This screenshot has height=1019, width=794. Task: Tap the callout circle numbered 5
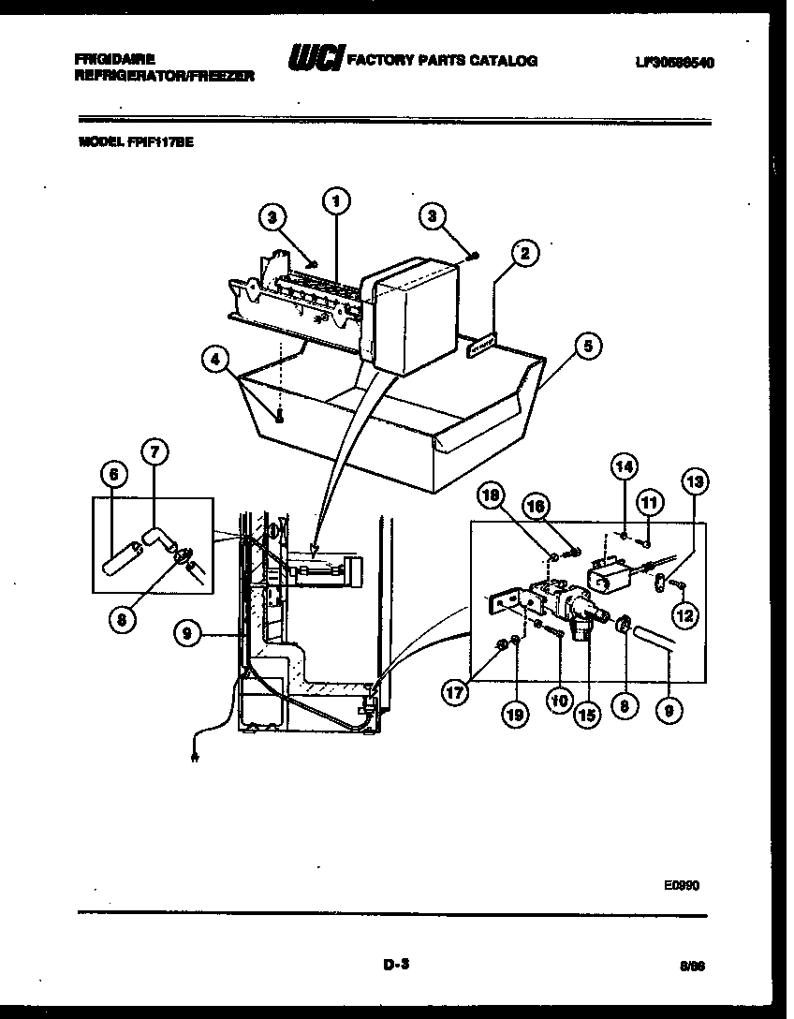586,346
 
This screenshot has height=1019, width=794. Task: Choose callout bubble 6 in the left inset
113,475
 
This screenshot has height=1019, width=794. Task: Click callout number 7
154,452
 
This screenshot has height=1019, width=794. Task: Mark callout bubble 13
696,482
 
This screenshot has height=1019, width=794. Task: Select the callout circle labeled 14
624,465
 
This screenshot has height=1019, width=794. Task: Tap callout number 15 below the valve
586,715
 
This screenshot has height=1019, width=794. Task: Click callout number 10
561,697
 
